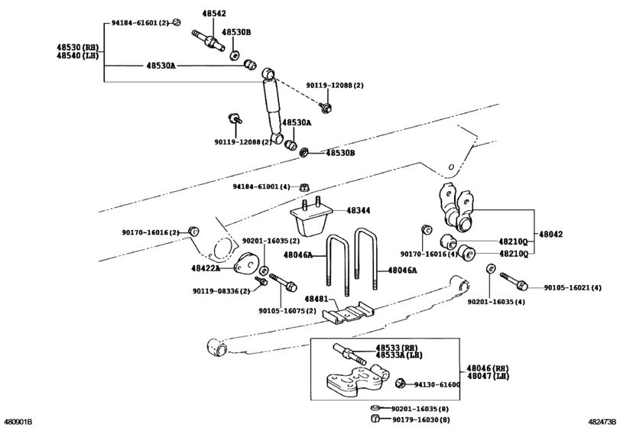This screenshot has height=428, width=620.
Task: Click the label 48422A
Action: [206, 268]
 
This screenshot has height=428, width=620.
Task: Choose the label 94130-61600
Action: [437, 384]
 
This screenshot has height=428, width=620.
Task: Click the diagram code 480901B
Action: [18, 421]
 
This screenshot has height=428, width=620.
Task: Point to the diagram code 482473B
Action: [602, 421]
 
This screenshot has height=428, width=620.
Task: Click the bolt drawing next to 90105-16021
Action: [513, 280]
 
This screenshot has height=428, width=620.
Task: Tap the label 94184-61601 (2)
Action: [137, 23]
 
